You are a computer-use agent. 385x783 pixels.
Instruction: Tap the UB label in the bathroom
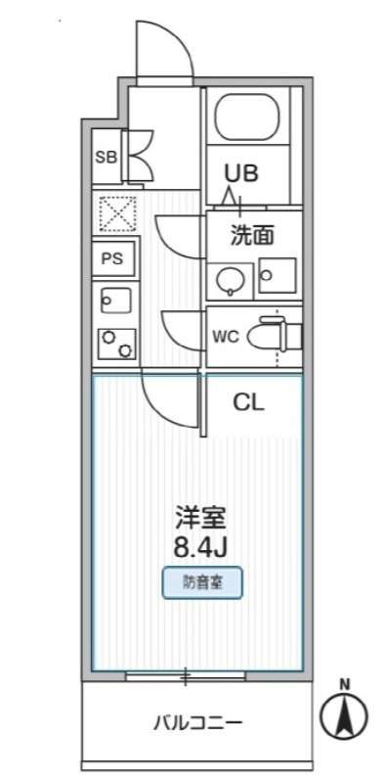240,174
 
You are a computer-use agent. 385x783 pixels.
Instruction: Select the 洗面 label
251,235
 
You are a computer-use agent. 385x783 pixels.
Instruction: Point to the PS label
111,259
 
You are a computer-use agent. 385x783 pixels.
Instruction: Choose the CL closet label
249,400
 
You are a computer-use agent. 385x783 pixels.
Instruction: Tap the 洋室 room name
195,514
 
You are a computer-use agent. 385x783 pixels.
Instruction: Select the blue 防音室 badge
201,584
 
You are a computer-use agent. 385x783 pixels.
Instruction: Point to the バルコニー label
196,724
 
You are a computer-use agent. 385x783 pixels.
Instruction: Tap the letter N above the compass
344,685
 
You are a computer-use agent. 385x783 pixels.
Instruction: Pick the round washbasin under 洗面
231,280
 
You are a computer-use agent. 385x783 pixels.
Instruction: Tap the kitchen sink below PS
112,299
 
